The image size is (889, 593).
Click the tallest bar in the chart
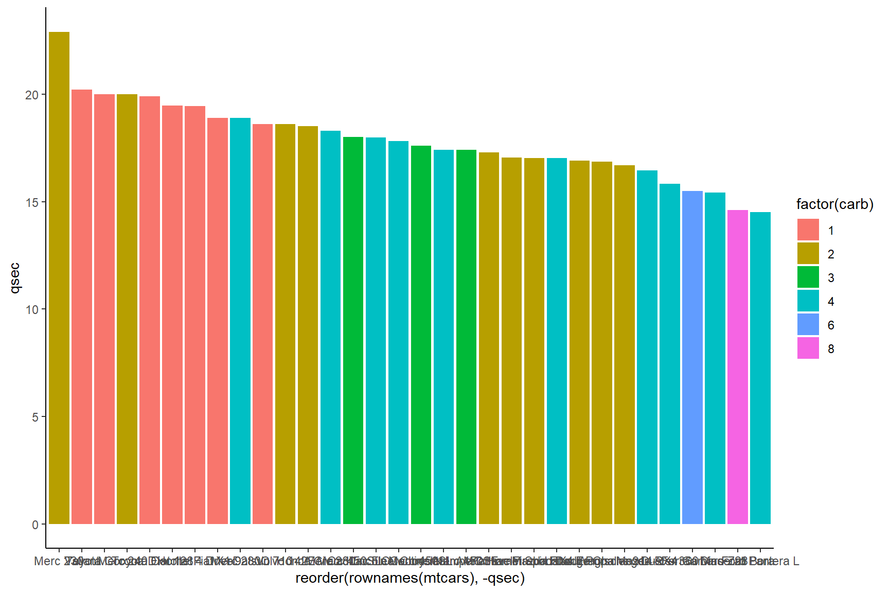[59, 278]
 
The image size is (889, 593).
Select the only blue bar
[692, 357]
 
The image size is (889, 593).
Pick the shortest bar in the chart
[760, 368]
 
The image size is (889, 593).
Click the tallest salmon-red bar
[82, 307]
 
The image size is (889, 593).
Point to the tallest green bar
[353, 330]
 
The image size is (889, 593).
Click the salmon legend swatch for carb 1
[808, 230]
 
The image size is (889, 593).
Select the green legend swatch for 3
[808, 277]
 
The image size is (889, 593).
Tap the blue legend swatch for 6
[808, 325]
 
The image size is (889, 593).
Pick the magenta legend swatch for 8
[808, 348]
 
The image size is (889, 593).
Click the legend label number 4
[831, 302]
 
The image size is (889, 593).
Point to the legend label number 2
[831, 254]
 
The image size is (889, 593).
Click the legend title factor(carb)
[834, 204]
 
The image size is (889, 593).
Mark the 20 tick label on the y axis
[32, 95]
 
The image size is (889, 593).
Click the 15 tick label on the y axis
[32, 202]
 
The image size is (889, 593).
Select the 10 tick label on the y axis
[32, 310]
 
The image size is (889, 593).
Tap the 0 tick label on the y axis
[35, 525]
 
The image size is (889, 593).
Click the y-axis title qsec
[15, 278]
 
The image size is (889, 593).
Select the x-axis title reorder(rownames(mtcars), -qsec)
[410, 578]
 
